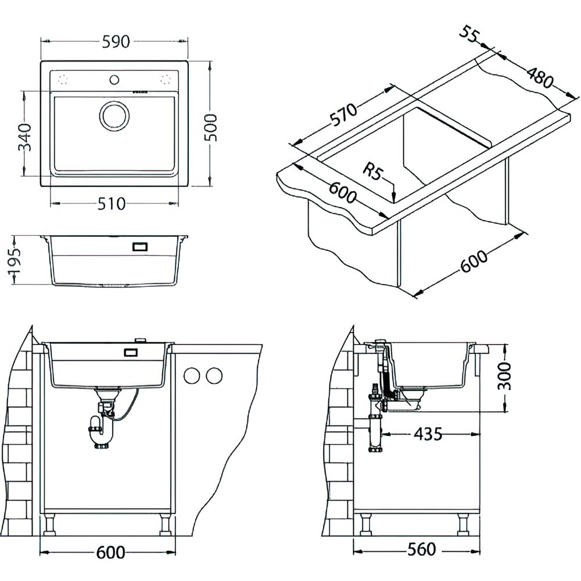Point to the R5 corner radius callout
pos(371,172)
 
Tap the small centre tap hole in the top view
pos(114,78)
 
